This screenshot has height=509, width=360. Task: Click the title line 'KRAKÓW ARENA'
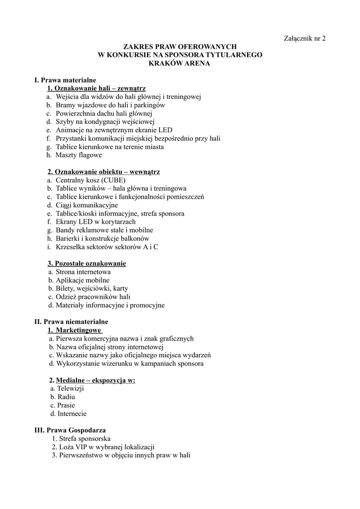coord(180,63)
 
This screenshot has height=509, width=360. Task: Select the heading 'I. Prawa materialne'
coord(65,80)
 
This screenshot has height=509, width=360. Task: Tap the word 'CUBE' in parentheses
coord(114,180)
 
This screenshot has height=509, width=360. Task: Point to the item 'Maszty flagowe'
coord(79,155)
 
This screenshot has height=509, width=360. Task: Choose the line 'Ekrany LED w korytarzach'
coord(95,222)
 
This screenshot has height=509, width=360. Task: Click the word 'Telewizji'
coord(71,388)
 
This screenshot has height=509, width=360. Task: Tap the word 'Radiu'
coord(67,397)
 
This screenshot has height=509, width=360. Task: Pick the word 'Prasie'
coord(66,405)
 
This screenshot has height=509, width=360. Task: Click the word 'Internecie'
coord(72,414)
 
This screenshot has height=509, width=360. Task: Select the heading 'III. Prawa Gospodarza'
coord(70,430)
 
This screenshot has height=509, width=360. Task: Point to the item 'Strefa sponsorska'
coord(85,438)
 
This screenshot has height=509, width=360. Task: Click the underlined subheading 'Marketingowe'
coord(79,330)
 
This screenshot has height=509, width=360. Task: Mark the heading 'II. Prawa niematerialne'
coord(71,322)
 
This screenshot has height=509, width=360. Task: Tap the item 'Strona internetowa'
coord(83,272)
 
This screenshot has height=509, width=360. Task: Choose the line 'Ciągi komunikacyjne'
coord(87,205)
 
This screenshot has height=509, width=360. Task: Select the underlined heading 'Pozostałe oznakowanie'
coord(90,263)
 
